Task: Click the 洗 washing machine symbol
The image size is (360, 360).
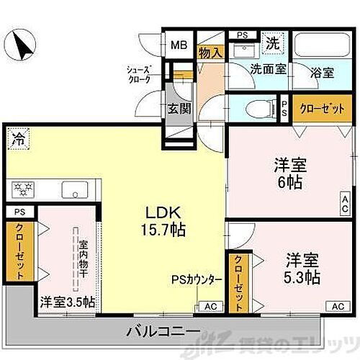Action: point(274,42)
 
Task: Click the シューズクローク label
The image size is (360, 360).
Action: point(139,75)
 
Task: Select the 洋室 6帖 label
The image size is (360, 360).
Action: point(292,173)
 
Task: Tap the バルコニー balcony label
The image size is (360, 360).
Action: point(163,330)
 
